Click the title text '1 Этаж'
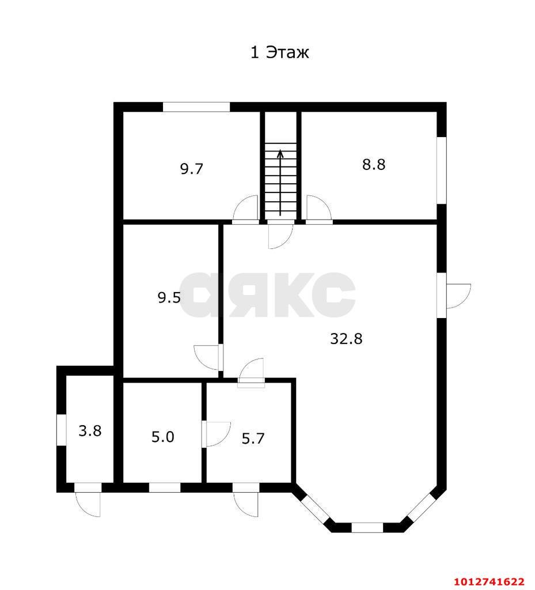pyautogui.click(x=280, y=52)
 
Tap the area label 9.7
pyautogui.click(x=192, y=169)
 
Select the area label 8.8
pyautogui.click(x=374, y=164)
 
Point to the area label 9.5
pyautogui.click(x=169, y=298)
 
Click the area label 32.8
pyautogui.click(x=346, y=339)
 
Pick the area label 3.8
pyautogui.click(x=90, y=430)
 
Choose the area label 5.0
pyautogui.click(x=163, y=437)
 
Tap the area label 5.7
pyautogui.click(x=253, y=438)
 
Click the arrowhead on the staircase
pyautogui.click(x=280, y=153)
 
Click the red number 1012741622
pyautogui.click(x=490, y=582)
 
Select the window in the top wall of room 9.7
pyautogui.click(x=196, y=107)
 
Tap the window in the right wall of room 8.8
pyautogui.click(x=441, y=171)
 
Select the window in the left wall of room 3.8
pyautogui.click(x=62, y=430)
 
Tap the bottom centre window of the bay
pyautogui.click(x=367, y=528)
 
